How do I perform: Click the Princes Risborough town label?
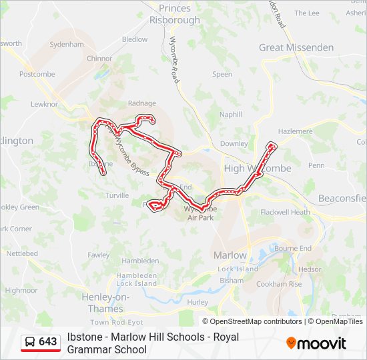pyautogui.click(x=175, y=14)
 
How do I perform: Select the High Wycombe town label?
pyautogui.click(x=258, y=169)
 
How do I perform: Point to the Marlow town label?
pyautogui.click(x=230, y=255)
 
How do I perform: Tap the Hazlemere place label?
pyautogui.click(x=294, y=131)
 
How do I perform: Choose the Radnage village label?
pyautogui.click(x=141, y=103)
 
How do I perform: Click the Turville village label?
pyautogui.click(x=117, y=195)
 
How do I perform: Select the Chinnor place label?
pyautogui.click(x=99, y=59)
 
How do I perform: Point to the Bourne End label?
pyautogui.click(x=293, y=248)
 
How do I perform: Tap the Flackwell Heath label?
pyautogui.click(x=285, y=212)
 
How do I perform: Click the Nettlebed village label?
pyautogui.click(x=22, y=254)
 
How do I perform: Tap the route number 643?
pyautogui.click(x=48, y=342)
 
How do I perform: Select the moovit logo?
pyautogui.click(x=316, y=343)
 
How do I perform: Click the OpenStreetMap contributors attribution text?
pyautogui.click(x=256, y=321)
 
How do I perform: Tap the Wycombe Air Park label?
pyautogui.click(x=202, y=213)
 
